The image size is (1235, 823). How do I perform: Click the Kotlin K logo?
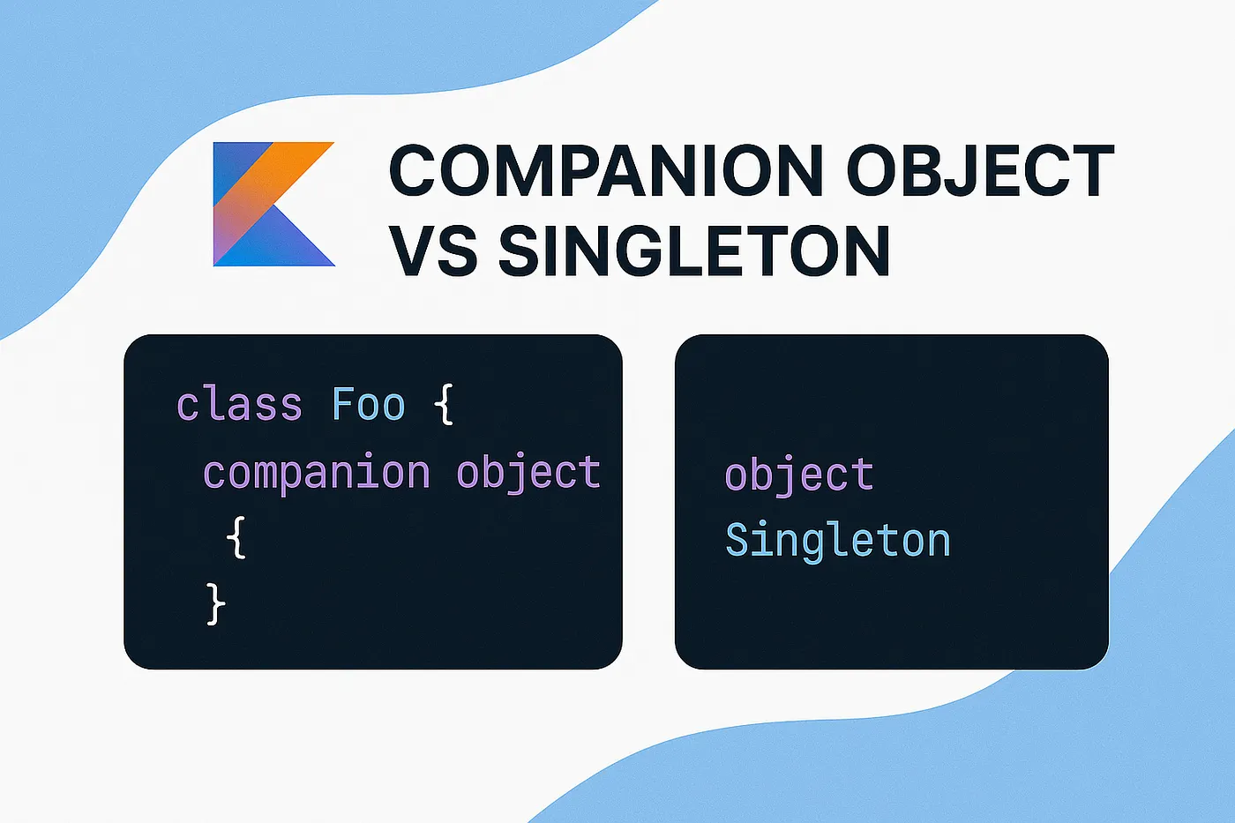(x=273, y=204)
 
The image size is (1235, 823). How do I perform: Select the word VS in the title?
(x=433, y=251)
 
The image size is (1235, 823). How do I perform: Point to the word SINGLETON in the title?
(x=694, y=251)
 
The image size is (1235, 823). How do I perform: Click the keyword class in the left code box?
(x=239, y=405)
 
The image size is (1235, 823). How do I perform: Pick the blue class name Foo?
(x=368, y=405)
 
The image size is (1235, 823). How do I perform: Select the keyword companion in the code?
(x=316, y=474)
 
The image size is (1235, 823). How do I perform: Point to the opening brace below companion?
(x=236, y=537)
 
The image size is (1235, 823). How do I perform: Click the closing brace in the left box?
(x=215, y=604)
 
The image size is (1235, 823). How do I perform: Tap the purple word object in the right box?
(x=799, y=477)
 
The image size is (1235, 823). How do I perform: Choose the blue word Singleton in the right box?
(x=837, y=540)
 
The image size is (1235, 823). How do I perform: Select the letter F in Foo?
(x=343, y=405)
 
